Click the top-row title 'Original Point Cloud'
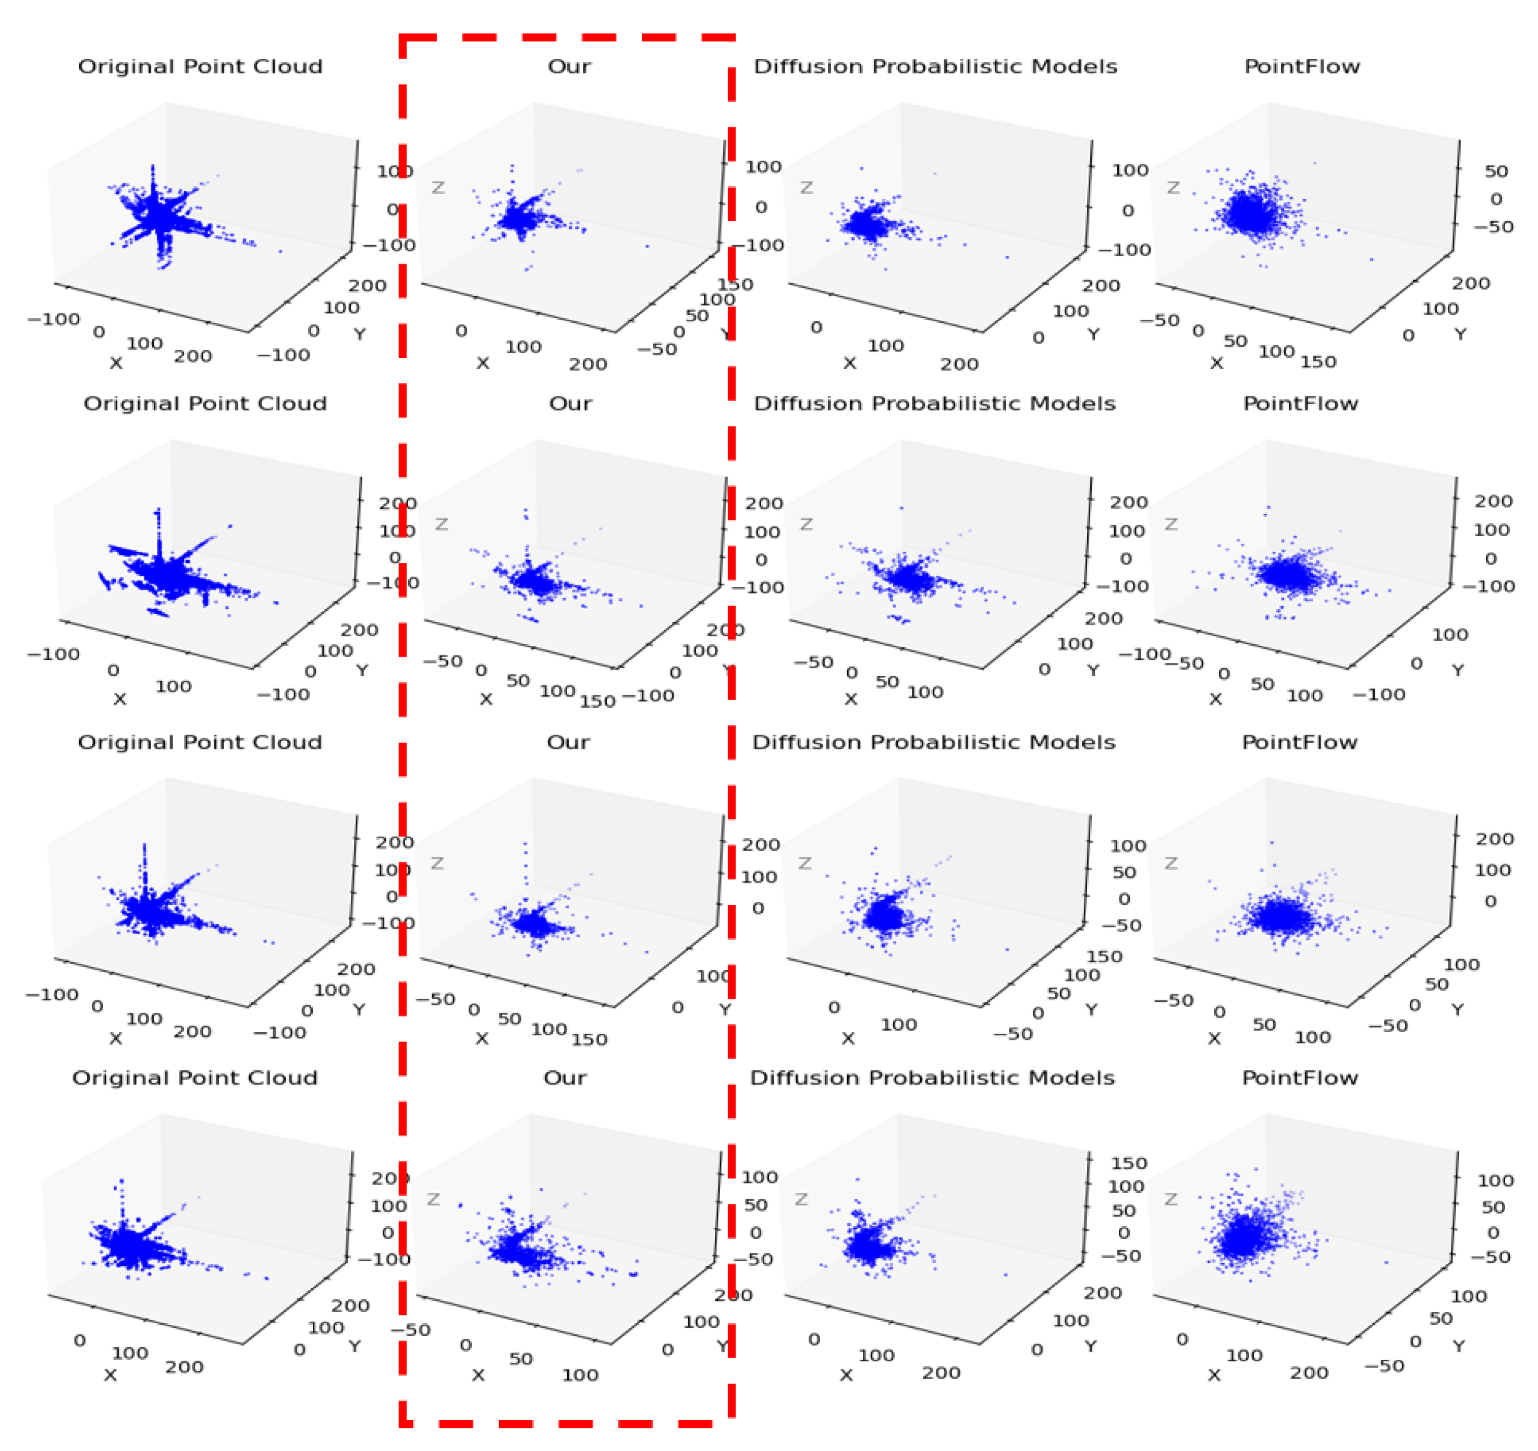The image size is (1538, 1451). click(x=200, y=67)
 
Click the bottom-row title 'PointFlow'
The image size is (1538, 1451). click(x=1300, y=1078)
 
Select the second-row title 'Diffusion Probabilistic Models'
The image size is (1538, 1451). click(x=935, y=404)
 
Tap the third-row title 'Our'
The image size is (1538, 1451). click(x=568, y=743)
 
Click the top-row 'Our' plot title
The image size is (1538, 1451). click(x=569, y=67)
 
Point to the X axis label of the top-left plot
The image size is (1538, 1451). click(x=116, y=364)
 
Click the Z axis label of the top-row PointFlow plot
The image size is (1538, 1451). click(x=1174, y=188)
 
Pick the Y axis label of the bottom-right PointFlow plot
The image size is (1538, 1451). click(x=1458, y=1347)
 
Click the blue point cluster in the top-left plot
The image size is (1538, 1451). click(x=158, y=216)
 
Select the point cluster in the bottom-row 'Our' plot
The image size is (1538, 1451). click(x=518, y=1246)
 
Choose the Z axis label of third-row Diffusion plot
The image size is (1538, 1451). click(x=804, y=864)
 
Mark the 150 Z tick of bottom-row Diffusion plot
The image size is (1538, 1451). click(x=1128, y=1163)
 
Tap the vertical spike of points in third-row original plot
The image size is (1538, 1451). click(x=144, y=867)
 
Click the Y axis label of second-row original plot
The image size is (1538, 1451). click(x=361, y=670)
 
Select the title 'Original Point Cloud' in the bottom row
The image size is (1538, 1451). click(x=195, y=1078)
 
